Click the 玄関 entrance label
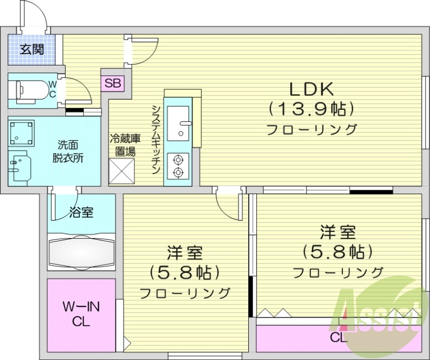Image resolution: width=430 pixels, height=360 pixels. [32, 51]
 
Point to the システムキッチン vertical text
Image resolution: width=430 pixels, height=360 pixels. [156, 138]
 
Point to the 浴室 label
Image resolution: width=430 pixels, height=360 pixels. [81, 212]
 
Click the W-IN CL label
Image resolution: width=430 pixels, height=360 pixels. [81, 314]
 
